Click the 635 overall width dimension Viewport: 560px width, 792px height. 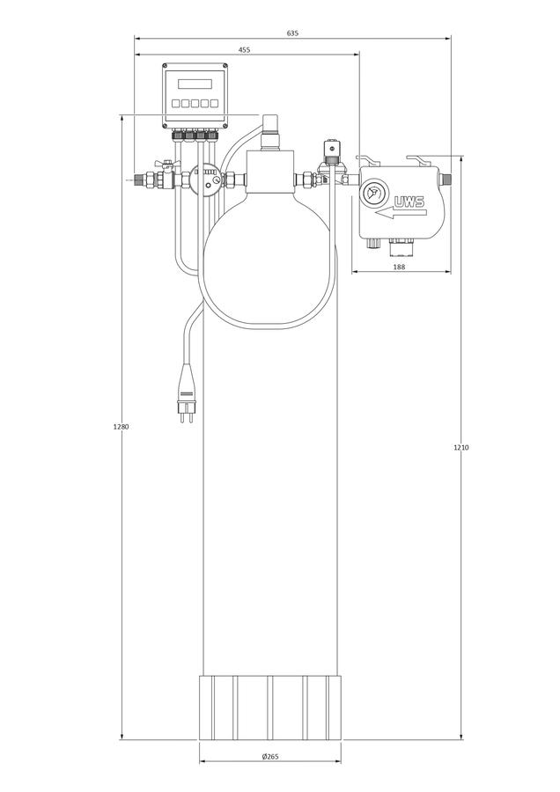pyautogui.click(x=292, y=33)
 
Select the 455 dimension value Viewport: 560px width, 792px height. pyautogui.click(x=244, y=50)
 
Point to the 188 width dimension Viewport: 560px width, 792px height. pyautogui.click(x=399, y=267)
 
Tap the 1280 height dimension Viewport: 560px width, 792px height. pyautogui.click(x=122, y=427)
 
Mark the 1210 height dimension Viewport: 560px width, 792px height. pyautogui.click(x=461, y=447)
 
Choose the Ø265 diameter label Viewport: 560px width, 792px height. pyautogui.click(x=270, y=756)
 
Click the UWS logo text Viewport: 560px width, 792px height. pyautogui.click(x=409, y=203)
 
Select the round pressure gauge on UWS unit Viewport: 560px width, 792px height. pyautogui.click(x=372, y=193)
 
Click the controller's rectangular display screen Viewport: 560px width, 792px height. pyautogui.click(x=195, y=84)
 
